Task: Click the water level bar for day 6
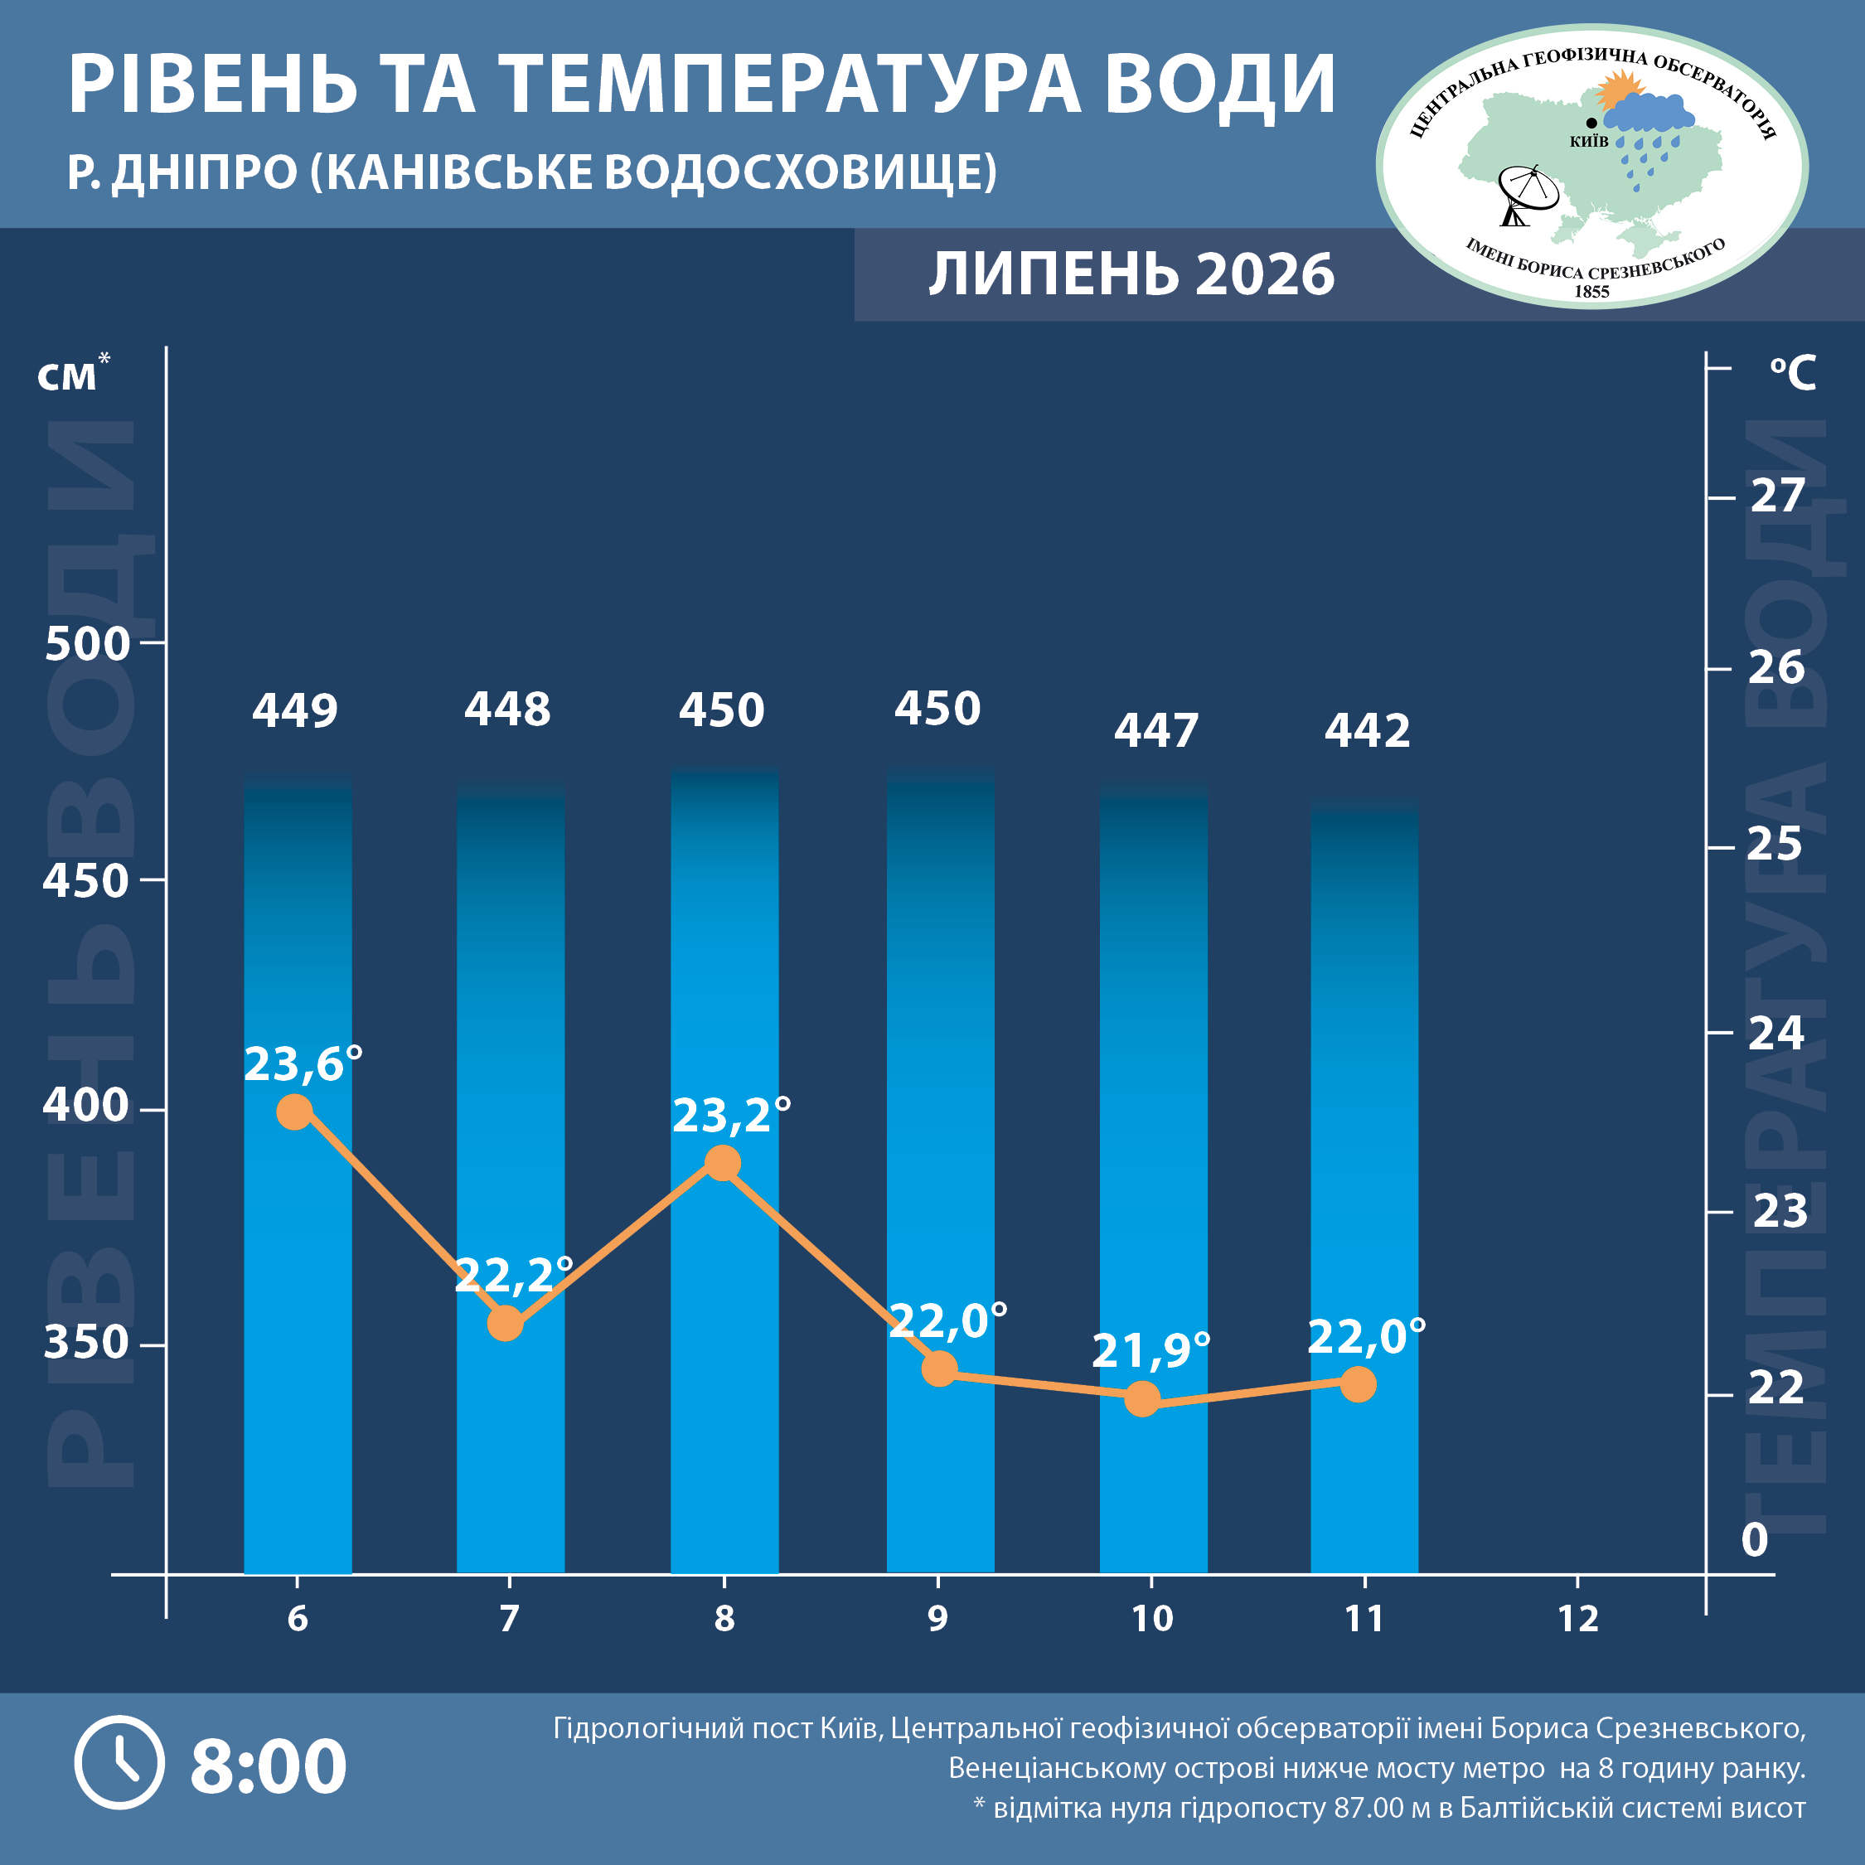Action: (x=298, y=1172)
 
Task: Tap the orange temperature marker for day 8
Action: (x=723, y=1163)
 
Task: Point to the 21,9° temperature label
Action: (x=1150, y=1350)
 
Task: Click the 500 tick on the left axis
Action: (x=87, y=644)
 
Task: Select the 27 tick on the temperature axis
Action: (x=1777, y=497)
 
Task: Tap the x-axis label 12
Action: (x=1578, y=1619)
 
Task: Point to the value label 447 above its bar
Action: (x=1156, y=731)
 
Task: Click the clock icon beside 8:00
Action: (x=119, y=1763)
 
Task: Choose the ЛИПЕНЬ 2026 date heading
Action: (x=1131, y=274)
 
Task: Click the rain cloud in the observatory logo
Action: (x=1649, y=113)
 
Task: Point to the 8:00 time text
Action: (x=269, y=1766)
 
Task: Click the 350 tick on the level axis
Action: (x=87, y=1343)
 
